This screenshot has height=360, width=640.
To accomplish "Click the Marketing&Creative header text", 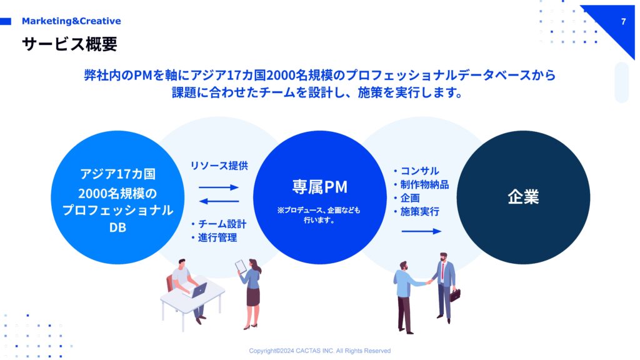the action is click(x=71, y=21).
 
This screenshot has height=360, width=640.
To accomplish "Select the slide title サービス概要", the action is click(x=69, y=44).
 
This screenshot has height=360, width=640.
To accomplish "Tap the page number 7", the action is click(x=623, y=22).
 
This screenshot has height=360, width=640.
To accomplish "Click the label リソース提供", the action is click(x=219, y=165).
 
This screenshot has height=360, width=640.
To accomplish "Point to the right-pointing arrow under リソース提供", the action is click(x=219, y=187).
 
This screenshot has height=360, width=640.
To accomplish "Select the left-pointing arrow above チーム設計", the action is click(x=219, y=201).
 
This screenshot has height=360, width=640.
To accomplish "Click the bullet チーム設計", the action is click(x=219, y=224).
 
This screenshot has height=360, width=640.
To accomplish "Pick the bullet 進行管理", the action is click(x=214, y=237).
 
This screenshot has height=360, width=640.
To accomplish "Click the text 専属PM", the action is click(x=319, y=187).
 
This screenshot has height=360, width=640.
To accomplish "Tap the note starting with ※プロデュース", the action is click(x=319, y=215).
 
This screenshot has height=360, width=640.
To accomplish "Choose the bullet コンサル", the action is click(x=416, y=171).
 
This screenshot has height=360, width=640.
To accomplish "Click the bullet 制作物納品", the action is click(x=421, y=184).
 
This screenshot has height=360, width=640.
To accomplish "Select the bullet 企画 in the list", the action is click(x=406, y=198).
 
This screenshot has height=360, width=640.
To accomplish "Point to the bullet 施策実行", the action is click(x=416, y=211).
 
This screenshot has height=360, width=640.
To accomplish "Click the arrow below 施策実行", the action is click(x=422, y=231).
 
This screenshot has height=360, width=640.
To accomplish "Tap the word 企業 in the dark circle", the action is click(x=523, y=197).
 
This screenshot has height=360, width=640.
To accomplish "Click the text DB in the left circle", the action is click(x=117, y=227).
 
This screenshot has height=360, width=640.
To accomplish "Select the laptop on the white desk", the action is click(x=199, y=290).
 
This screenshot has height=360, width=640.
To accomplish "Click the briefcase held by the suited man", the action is click(x=455, y=295).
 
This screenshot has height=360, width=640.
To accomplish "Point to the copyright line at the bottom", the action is click(x=319, y=351).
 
